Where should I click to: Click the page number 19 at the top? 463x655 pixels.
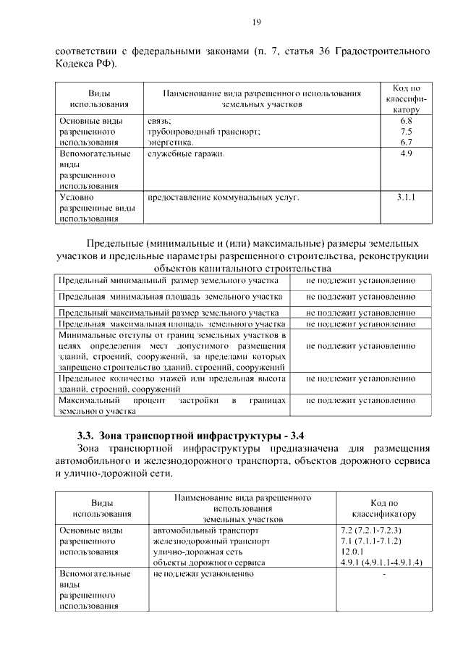coord(256,22)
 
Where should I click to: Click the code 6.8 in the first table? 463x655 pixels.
coord(406,121)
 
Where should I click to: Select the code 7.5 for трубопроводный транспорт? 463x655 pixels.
coord(406,132)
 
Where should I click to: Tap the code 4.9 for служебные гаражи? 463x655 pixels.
coord(406,154)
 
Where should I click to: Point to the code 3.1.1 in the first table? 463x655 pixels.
coord(406,196)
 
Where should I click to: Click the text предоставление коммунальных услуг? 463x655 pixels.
coord(223,196)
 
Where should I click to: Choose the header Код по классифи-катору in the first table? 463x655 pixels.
coord(406,98)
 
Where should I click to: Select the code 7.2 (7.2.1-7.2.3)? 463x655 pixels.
coord(370,530)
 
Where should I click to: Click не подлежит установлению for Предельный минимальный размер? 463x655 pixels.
coord(360,280)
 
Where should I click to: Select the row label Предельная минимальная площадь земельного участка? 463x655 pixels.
coord(171,297)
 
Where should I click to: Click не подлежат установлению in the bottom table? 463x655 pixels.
coord(203,573)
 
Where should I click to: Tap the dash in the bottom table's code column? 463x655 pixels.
coord(384,574)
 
